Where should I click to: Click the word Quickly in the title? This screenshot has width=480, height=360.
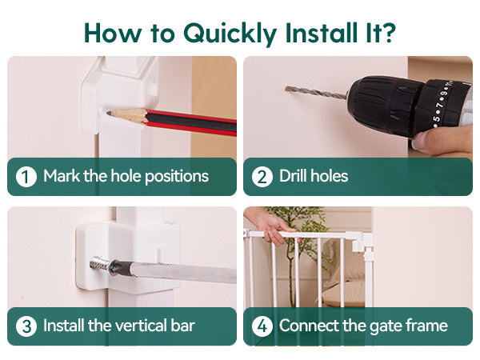coord(230,34)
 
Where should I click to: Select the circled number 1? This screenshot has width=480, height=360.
coord(26,177)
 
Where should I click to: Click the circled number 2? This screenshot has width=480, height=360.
coord(262,177)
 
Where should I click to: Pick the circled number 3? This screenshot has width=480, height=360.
coord(26,326)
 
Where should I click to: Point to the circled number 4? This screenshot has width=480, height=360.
coord(262,326)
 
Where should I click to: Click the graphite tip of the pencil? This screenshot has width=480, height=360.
coord(109,114)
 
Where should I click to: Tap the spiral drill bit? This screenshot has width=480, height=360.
coord(316,93)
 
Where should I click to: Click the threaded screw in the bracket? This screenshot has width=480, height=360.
coord(99,264)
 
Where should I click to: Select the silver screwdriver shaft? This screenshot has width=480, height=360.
coord(183,272)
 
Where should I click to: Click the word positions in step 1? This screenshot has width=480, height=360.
coord(177,177)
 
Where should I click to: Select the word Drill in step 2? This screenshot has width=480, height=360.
coord(292,176)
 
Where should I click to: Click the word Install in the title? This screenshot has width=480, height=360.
coord(321,32)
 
